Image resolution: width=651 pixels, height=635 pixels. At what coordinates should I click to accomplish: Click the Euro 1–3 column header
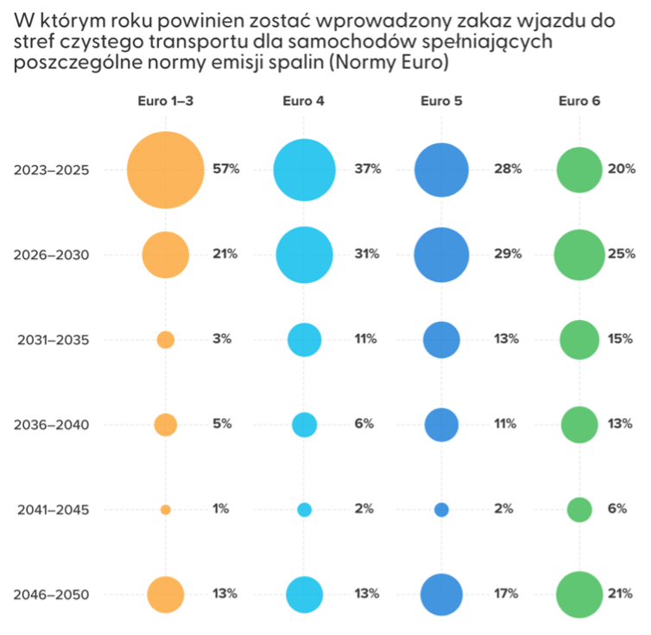click(165, 101)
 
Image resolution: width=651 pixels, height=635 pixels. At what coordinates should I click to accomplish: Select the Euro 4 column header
click(304, 101)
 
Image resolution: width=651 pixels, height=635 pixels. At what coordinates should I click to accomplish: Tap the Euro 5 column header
click(441, 101)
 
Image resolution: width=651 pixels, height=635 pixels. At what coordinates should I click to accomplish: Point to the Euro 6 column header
click(579, 101)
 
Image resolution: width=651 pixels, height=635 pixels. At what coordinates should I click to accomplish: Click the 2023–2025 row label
click(51, 170)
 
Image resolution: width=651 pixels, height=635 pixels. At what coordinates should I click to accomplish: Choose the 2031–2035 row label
click(51, 340)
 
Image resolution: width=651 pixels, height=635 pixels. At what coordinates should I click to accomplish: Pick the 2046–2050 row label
click(51, 594)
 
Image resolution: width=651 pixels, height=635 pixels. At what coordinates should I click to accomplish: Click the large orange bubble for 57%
click(165, 170)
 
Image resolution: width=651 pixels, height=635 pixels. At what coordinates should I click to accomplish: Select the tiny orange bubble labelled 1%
click(166, 510)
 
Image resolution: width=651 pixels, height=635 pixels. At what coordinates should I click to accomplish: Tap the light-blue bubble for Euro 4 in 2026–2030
click(304, 255)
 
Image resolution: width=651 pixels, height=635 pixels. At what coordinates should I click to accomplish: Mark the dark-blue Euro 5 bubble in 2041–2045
click(441, 510)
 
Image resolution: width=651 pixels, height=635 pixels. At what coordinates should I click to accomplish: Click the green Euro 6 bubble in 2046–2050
click(579, 594)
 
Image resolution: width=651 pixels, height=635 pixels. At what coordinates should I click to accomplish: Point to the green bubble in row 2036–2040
click(579, 424)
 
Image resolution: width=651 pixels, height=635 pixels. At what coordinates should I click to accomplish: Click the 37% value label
click(367, 169)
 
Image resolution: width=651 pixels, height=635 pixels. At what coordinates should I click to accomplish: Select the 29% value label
click(508, 255)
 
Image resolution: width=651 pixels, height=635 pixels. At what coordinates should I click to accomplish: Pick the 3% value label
click(222, 339)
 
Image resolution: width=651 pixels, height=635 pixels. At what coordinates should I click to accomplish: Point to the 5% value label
click(222, 424)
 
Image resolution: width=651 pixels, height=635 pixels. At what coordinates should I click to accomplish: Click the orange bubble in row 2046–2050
click(166, 594)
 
